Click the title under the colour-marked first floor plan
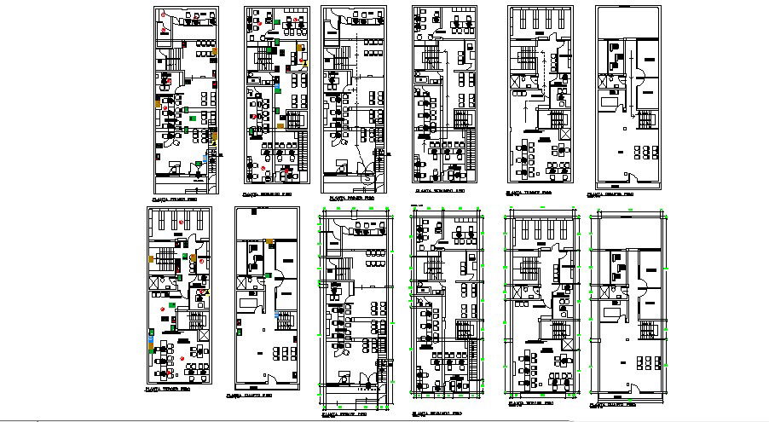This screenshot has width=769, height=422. click(x=171, y=199)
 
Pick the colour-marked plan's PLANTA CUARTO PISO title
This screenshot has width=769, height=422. click(x=248, y=396)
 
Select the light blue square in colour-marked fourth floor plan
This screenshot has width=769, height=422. click(x=278, y=314)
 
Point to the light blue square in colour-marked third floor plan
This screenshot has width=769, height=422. click(x=152, y=339)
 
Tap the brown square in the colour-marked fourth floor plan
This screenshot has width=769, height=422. click(x=269, y=243)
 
